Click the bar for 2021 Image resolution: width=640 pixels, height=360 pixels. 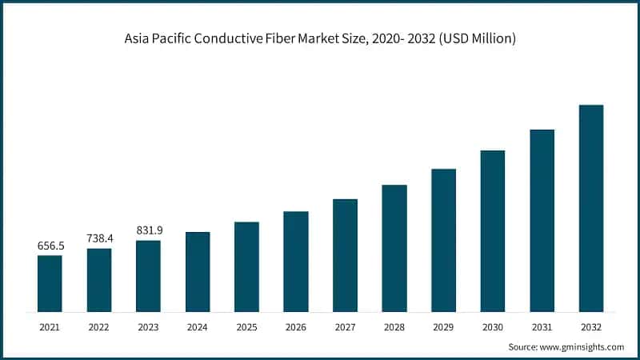click(x=50, y=283)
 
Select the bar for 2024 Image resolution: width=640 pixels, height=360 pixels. click(x=198, y=272)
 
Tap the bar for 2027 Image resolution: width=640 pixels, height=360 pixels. click(x=345, y=255)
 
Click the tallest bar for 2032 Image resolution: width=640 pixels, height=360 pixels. click(x=591, y=208)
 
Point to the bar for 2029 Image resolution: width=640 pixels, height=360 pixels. click(x=443, y=240)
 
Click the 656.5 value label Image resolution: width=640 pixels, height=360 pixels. click(x=50, y=246)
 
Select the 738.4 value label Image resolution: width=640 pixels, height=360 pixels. click(x=99, y=239)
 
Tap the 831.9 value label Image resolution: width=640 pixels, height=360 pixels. click(x=149, y=230)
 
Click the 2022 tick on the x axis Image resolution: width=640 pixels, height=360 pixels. click(x=99, y=326)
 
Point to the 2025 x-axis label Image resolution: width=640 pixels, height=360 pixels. click(x=246, y=326)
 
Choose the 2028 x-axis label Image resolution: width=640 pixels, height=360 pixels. click(x=394, y=326)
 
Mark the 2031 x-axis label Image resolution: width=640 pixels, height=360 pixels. click(x=542, y=326)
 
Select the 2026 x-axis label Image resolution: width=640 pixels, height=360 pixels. click(x=296, y=326)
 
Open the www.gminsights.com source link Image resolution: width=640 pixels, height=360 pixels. click(x=584, y=346)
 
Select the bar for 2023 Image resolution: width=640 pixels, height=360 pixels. click(x=148, y=276)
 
